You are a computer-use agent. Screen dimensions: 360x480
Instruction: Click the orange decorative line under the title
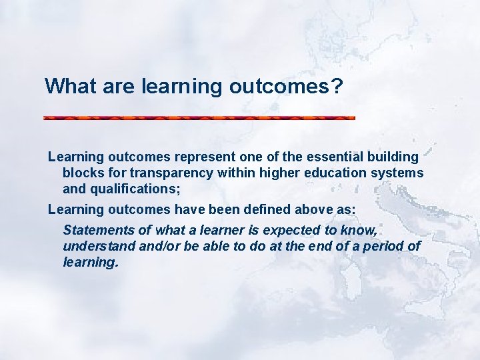coord(199,118)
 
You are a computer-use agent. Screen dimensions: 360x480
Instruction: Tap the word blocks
coord(82,173)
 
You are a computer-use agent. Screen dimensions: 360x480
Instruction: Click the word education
coord(318,173)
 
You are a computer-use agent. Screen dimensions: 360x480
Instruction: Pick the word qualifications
coord(133,189)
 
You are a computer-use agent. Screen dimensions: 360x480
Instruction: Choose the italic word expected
coord(277,231)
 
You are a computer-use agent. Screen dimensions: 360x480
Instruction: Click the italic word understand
coord(95,247)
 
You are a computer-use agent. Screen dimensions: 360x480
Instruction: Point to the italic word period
coord(383,247)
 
